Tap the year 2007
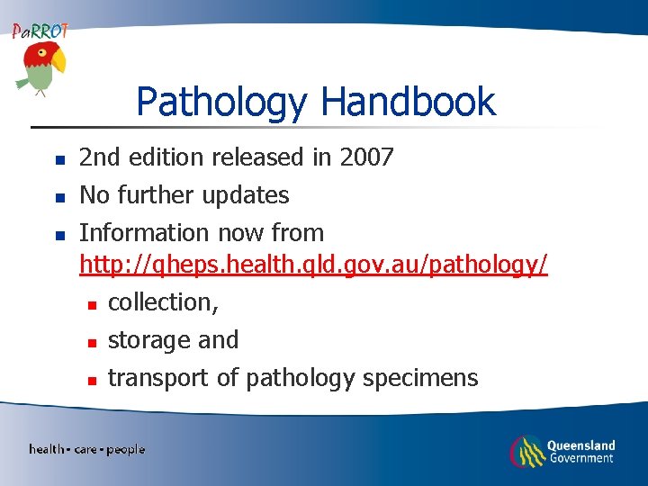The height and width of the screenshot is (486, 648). coord(366,157)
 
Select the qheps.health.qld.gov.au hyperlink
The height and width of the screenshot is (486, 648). coord(313,266)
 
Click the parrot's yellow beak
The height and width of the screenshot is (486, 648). coord(58,62)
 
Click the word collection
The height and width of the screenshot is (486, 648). coord(161,303)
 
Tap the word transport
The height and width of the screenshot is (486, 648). coord(158,379)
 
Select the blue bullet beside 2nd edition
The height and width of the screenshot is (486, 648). coord(59,159)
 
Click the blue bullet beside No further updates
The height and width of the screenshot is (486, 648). coord(59,197)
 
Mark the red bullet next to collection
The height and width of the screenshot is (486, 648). coord(91,304)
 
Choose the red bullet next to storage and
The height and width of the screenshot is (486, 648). coord(91,342)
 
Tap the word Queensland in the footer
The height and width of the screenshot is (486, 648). coord(580,445)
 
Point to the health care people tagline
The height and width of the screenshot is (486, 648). coord(86,449)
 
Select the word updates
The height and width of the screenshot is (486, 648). coord(246,196)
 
